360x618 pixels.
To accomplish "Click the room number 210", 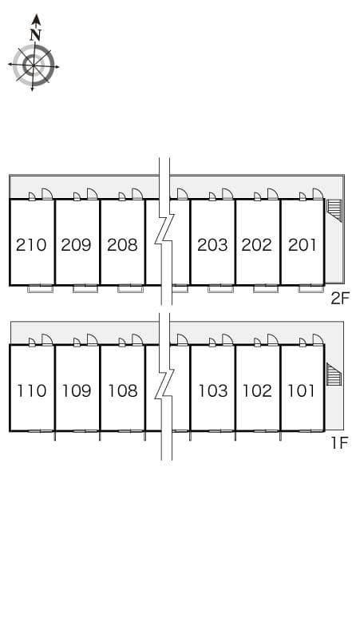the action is coord(31,245).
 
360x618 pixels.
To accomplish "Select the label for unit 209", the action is coord(77,245).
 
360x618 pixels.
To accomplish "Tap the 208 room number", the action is coord(122,245).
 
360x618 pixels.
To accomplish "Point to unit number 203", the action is coord(212,245).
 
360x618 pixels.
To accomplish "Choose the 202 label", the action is coord(257,245).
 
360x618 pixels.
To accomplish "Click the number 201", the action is coord(302,245).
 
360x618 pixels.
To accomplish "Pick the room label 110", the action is coord(31,390).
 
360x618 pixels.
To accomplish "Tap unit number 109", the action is coord(77,390).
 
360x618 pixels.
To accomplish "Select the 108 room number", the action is coord(123,390).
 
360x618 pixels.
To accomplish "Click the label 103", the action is coord(213,390).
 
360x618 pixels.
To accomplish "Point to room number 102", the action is coord(257,390).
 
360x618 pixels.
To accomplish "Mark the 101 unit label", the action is coord(301,390).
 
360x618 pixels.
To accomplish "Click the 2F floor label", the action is coord(340,299).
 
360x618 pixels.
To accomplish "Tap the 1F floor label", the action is coord(339,443).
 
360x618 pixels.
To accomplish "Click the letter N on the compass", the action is coord(36,34).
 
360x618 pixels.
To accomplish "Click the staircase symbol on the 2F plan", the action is coord(334,210).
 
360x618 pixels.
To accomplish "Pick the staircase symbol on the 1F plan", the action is coord(334,374).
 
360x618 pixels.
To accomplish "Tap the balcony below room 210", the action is coord(40,289).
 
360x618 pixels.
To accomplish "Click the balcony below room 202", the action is coord(266,289).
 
